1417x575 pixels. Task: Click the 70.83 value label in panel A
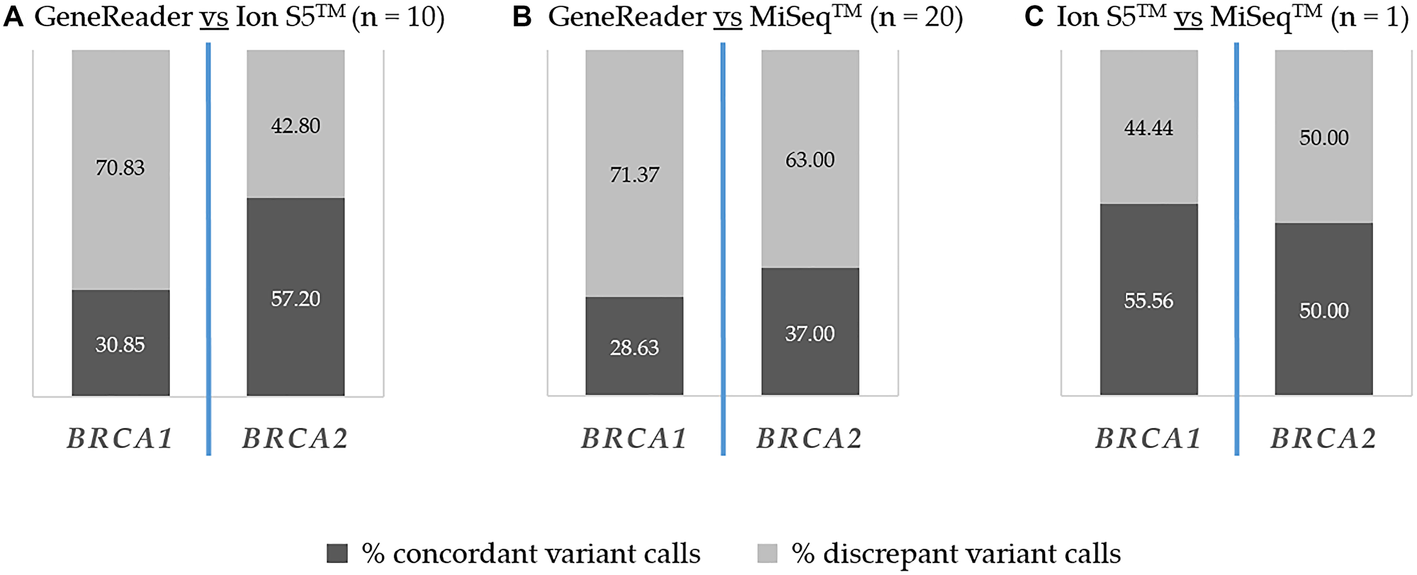pyautogui.click(x=120, y=168)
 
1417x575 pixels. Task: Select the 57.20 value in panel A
pyautogui.click(x=295, y=298)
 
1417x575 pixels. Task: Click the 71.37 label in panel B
pyautogui.click(x=634, y=174)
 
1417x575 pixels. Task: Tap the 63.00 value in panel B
pyautogui.click(x=810, y=160)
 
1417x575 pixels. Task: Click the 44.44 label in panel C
pyautogui.click(x=1148, y=128)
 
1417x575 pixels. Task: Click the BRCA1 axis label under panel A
pyautogui.click(x=120, y=439)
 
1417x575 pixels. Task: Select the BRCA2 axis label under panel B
pyautogui.click(x=809, y=439)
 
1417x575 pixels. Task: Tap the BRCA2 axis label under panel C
pyautogui.click(x=1323, y=439)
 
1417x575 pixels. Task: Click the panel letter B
pyautogui.click(x=522, y=17)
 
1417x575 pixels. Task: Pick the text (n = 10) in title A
pyautogui.click(x=398, y=17)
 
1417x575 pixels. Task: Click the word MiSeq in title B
pyautogui.click(x=790, y=17)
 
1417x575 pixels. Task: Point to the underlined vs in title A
pyautogui.click(x=213, y=17)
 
